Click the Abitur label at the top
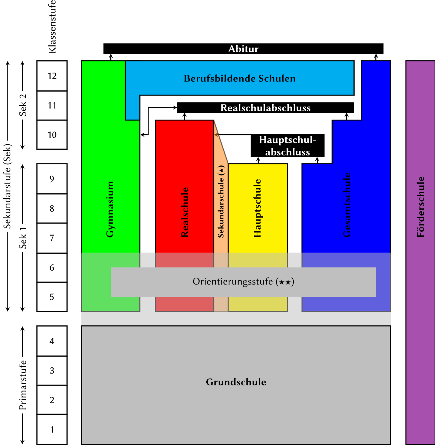click(x=243, y=49)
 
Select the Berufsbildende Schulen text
click(x=239, y=78)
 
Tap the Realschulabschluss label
click(x=266, y=108)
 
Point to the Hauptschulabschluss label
click(x=288, y=146)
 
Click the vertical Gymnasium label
click(x=110, y=209)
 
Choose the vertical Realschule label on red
click(x=185, y=212)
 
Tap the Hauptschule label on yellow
click(x=258, y=208)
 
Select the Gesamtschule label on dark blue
click(x=347, y=205)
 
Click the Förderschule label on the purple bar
click(x=421, y=207)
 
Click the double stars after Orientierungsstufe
click(x=285, y=282)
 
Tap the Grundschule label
click(x=236, y=382)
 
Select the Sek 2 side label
click(x=23, y=105)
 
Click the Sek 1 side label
click(x=23, y=238)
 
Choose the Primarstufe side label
click(x=23, y=385)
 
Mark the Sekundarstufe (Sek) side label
click(x=7, y=186)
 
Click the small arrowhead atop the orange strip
click(x=216, y=135)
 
